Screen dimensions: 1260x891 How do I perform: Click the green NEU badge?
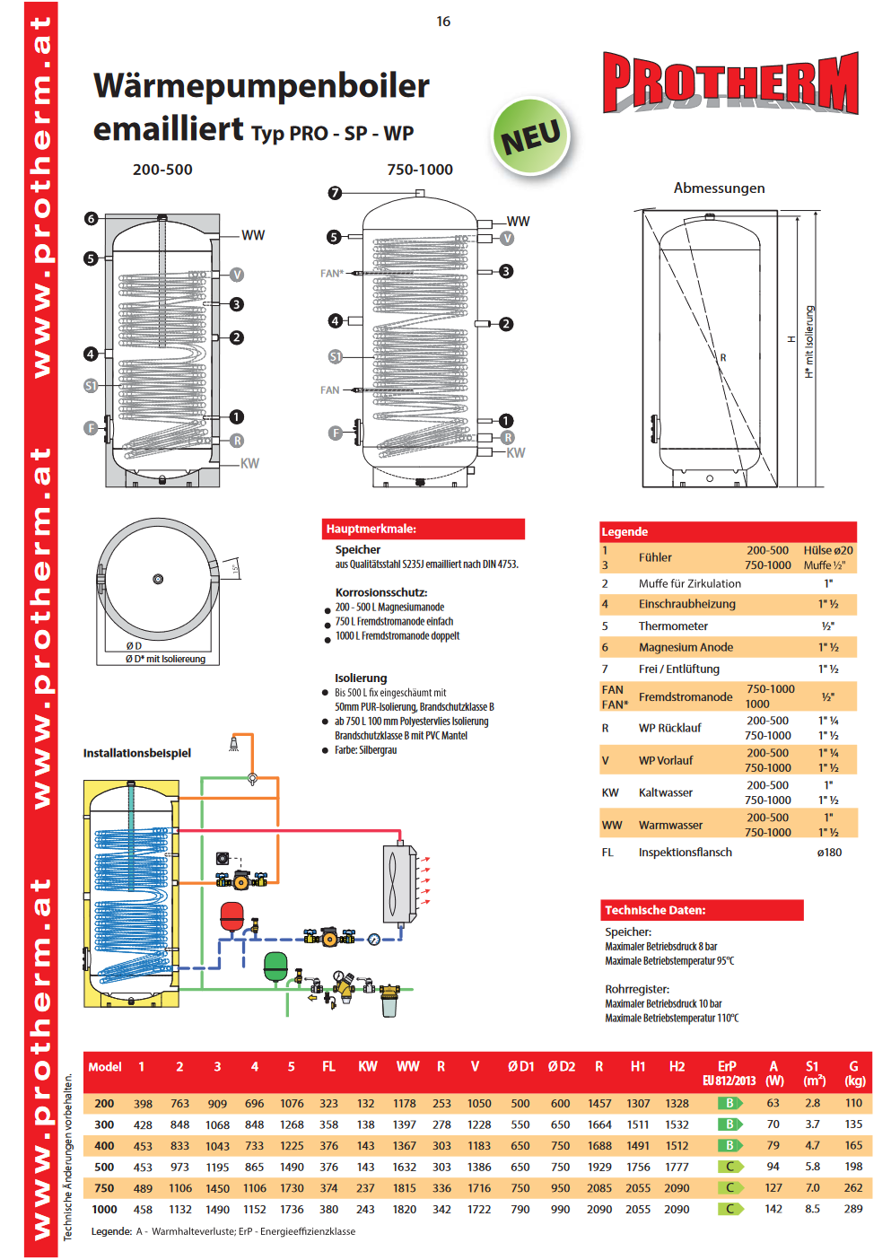click(x=530, y=137)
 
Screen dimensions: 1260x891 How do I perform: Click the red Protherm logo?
click(x=730, y=83)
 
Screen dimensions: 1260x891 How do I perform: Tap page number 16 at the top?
click(x=443, y=22)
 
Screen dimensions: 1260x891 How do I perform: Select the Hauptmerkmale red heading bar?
click(x=423, y=529)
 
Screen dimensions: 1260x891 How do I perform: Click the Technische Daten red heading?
click(x=701, y=910)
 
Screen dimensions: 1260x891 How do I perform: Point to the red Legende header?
click(x=728, y=531)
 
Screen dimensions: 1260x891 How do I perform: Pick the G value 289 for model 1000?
click(x=853, y=1209)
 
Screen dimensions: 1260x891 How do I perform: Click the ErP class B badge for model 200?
click(x=729, y=1103)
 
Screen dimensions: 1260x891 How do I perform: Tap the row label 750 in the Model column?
click(x=104, y=1188)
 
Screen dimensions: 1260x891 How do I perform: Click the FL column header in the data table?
click(x=328, y=1066)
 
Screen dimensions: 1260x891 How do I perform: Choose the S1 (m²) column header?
click(x=813, y=1072)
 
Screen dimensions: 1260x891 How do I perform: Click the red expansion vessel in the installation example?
click(x=232, y=916)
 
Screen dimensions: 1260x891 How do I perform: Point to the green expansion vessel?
click(x=275, y=967)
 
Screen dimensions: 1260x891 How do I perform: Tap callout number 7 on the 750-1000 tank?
click(x=335, y=193)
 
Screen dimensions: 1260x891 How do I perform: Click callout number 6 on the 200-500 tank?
click(x=91, y=218)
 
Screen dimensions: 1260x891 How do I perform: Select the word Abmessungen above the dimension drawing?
click(x=719, y=188)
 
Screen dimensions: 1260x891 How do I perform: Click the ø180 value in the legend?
click(x=829, y=853)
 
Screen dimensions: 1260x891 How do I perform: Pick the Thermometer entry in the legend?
click(x=673, y=626)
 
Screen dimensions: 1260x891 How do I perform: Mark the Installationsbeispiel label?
click(x=137, y=753)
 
